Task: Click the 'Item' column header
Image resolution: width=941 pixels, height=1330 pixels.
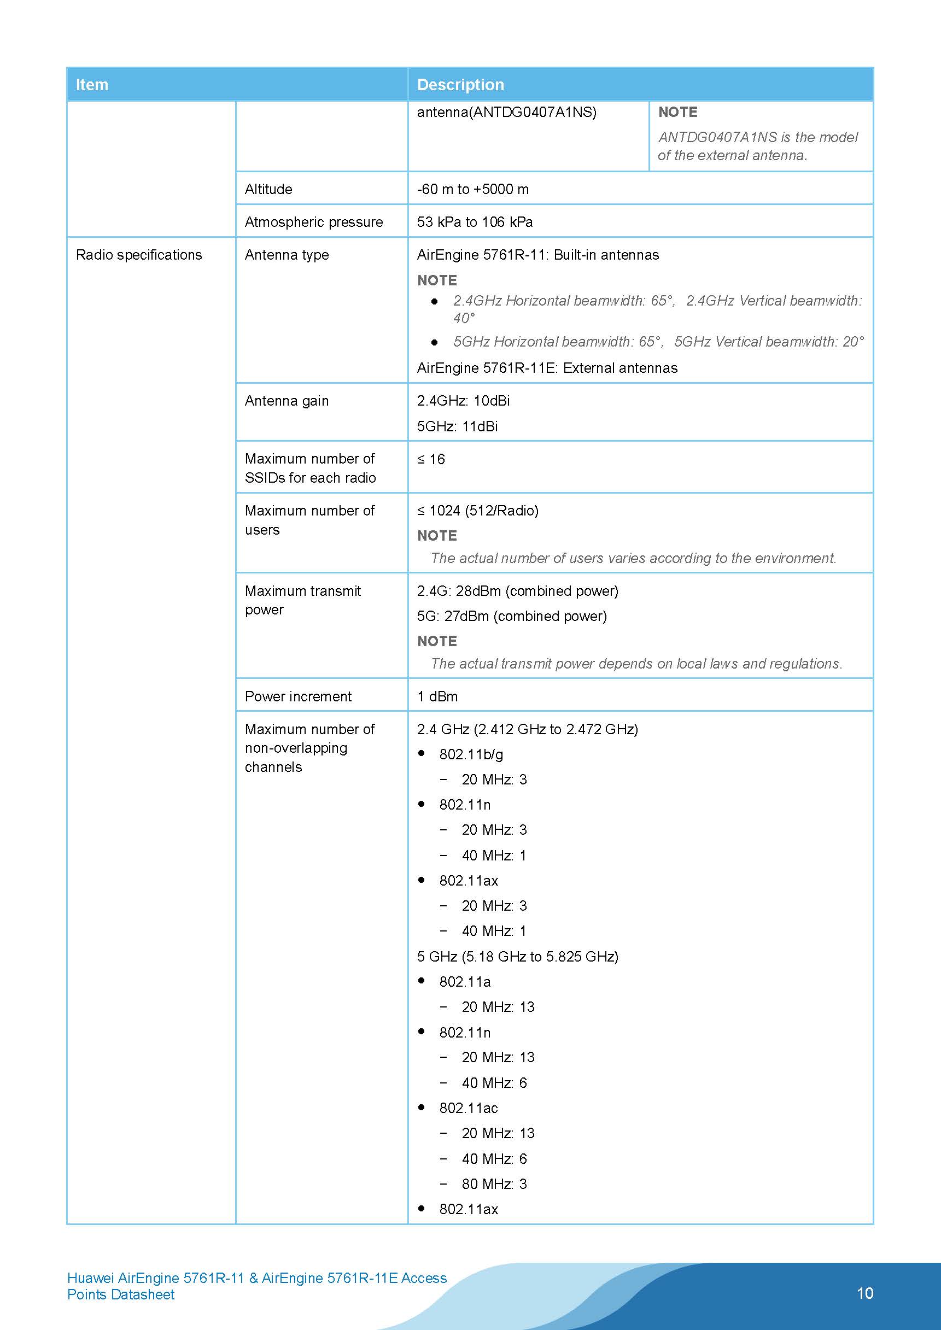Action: tap(92, 85)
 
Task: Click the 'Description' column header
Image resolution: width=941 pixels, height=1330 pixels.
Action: tap(460, 85)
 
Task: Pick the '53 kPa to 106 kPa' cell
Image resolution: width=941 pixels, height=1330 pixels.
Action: tap(475, 222)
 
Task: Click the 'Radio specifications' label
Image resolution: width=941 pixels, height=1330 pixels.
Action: tap(139, 255)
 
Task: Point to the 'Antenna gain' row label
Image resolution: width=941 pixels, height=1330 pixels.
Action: tap(287, 401)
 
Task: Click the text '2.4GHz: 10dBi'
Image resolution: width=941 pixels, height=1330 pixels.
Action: tap(463, 401)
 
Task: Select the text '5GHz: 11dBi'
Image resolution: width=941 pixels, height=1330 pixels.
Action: tap(457, 426)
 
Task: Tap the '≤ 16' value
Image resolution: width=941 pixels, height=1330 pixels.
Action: tap(431, 459)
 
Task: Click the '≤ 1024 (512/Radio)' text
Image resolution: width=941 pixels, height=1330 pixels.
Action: tap(477, 511)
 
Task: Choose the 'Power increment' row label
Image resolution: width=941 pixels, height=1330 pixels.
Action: tap(298, 696)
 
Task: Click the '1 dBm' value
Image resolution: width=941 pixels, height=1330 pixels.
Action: tap(437, 696)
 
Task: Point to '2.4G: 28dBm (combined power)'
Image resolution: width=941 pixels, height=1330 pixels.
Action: tap(517, 591)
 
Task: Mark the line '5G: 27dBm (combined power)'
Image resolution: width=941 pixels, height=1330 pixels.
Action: tap(512, 616)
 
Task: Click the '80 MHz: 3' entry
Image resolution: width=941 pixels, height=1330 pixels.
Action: tap(494, 1183)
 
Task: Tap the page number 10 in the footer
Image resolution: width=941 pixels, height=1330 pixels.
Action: tap(864, 1293)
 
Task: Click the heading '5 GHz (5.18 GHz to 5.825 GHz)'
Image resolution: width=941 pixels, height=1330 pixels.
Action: tap(517, 957)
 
